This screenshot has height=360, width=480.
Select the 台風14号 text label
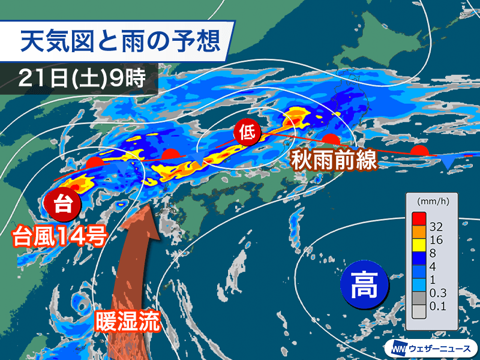[x=59, y=236]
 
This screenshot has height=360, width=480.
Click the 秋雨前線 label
[x=334, y=161]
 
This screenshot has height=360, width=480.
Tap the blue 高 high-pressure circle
[x=364, y=284]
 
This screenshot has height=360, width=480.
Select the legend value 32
[x=437, y=227]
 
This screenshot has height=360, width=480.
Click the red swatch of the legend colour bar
[x=418, y=219]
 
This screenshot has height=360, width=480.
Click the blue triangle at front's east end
[x=448, y=160]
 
